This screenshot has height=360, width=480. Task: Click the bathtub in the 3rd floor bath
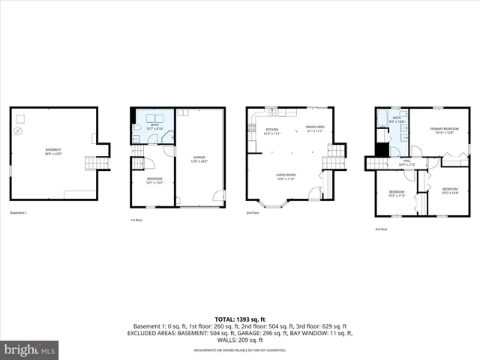coord(382,116)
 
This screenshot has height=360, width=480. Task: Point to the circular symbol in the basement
coord(19,132)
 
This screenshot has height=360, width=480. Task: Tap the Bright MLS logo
coord(30,349)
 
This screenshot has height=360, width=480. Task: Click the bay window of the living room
coord(274,202)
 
